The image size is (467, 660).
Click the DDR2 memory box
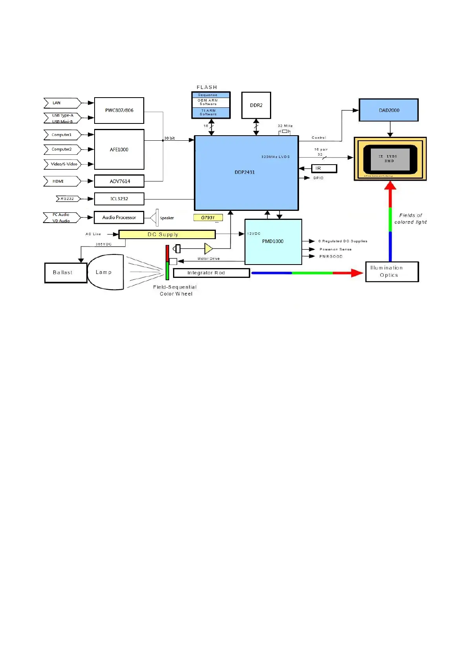tap(256, 105)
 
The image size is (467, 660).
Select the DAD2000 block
tap(389, 110)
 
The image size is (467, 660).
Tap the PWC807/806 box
tap(119, 111)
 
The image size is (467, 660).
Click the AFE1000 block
tap(119, 149)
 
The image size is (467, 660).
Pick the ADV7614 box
tap(119, 181)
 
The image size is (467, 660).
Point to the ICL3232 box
tap(119, 199)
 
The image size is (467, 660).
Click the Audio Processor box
tap(119, 218)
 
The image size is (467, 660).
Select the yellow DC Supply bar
tap(167, 234)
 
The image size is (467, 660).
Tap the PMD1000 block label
tap(273, 241)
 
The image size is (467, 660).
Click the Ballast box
tap(66, 272)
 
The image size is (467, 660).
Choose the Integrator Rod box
tap(211, 273)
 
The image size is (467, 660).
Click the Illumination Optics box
tap(392, 272)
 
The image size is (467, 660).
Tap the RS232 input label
tap(67, 199)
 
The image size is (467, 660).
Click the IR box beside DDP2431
tap(324, 169)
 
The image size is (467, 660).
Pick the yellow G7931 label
tap(208, 218)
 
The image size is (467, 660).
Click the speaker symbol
tap(154, 218)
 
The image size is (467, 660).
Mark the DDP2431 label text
tap(244, 172)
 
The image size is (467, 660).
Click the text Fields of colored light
tap(410, 219)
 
